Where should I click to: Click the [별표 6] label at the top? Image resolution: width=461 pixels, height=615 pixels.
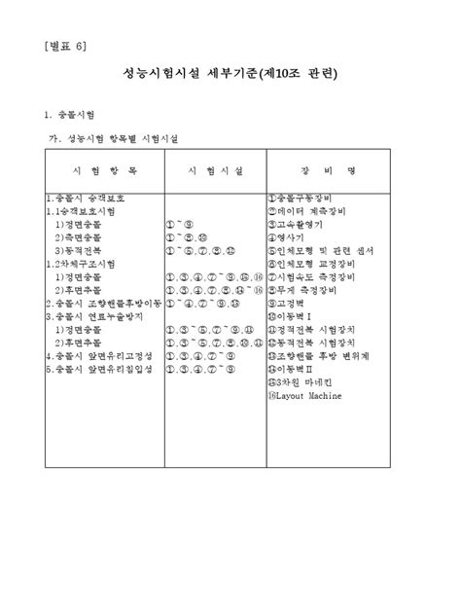click(65, 46)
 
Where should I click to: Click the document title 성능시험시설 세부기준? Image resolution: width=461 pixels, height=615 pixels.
click(230, 74)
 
